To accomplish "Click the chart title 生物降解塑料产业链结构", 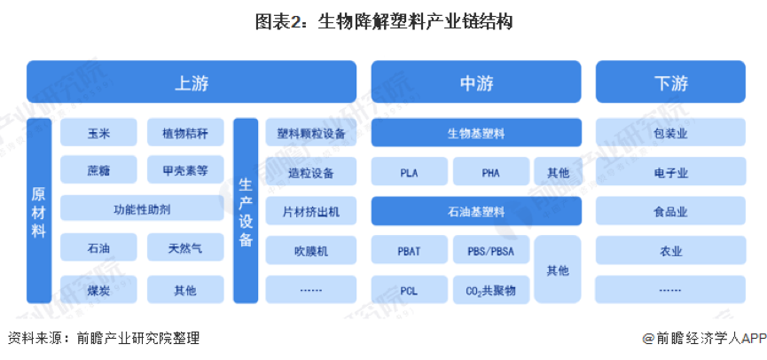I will point(383,22).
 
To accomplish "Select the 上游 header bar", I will point(192,82).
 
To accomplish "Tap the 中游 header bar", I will point(475,82).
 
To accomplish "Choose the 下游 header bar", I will point(670,82).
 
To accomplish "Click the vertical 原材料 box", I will point(39,211).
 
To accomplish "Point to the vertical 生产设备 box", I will point(246,211).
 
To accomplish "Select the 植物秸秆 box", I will point(185,133).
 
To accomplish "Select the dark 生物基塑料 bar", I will point(475,133).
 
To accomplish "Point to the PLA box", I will point(409,172).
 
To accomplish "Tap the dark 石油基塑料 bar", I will point(475,211).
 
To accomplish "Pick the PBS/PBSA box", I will point(490,251).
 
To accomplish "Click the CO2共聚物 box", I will point(490,290).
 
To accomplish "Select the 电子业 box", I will point(670,172).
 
